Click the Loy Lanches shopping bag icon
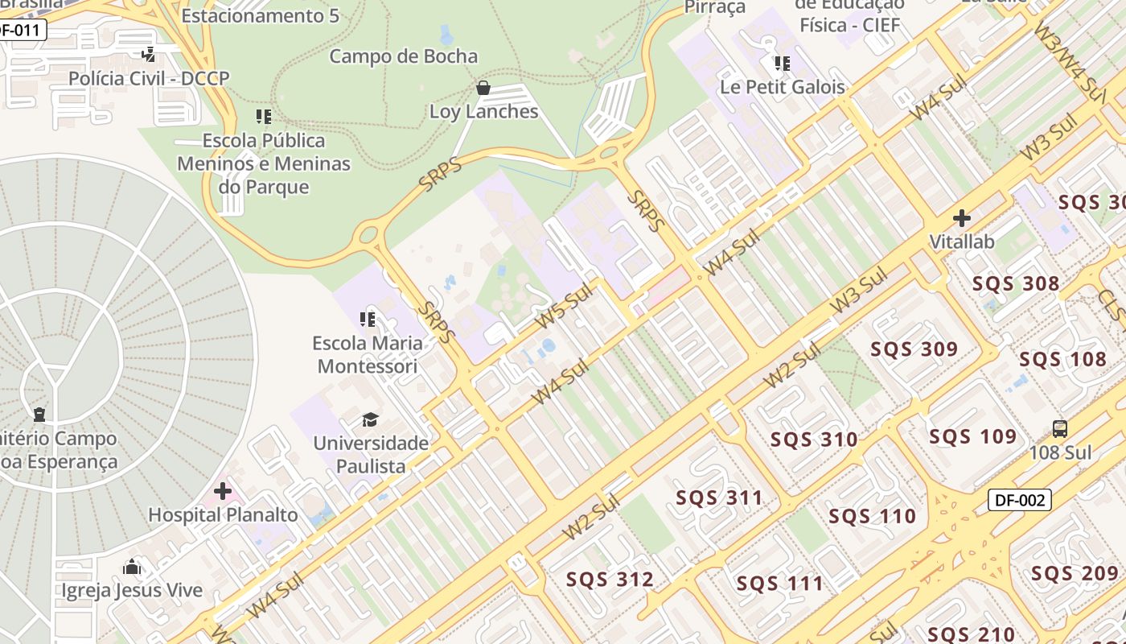483,87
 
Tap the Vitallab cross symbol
961,218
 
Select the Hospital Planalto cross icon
223,491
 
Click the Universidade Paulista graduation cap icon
370,419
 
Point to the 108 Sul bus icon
1060,429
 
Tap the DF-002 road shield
1019,500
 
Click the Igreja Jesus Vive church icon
132,568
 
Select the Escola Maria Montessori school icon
368,320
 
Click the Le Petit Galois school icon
782,63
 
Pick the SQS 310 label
814,440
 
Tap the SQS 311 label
719,497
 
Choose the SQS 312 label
610,580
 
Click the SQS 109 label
973,436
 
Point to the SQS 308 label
1016,283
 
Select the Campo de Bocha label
404,56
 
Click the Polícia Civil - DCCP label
149,78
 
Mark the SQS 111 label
780,584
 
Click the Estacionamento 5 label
261,15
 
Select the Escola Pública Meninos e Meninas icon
263,117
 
